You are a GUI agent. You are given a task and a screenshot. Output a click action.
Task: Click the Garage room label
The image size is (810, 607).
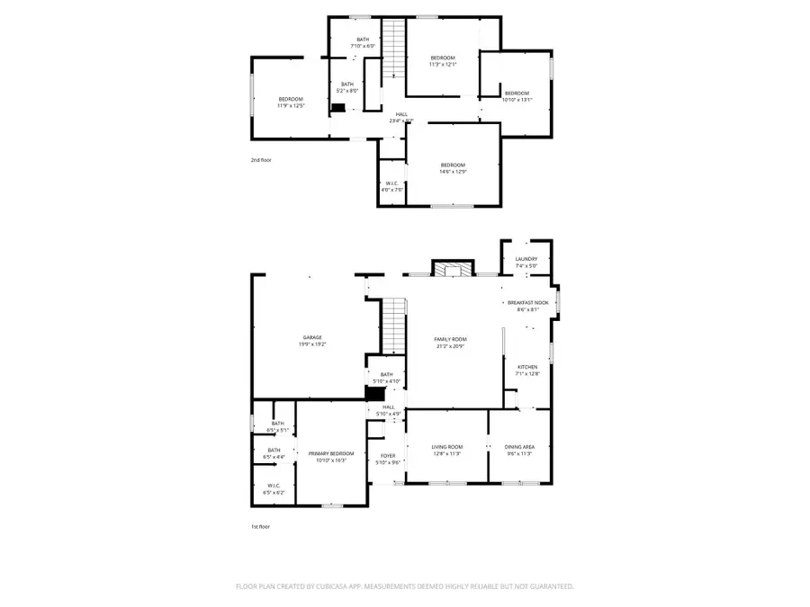coord(311,341)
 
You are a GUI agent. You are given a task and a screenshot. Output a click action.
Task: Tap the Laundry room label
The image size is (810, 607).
coord(526,262)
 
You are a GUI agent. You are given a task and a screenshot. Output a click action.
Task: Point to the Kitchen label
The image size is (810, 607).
coord(526,370)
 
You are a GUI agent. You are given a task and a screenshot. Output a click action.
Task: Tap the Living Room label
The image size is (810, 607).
coord(446,450)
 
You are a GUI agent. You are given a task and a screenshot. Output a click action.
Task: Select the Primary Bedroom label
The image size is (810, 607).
coord(331,456)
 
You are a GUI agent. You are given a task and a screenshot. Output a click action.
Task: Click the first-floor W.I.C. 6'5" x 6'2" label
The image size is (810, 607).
coord(274,489)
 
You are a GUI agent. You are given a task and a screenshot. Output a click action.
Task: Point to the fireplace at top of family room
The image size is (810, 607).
coord(451,269)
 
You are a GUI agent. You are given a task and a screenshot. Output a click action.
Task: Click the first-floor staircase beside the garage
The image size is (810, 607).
coord(394,326)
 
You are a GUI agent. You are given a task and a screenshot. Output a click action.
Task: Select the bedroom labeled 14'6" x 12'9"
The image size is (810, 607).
coord(453,167)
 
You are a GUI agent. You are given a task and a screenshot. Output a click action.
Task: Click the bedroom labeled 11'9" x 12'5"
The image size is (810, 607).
coord(291,102)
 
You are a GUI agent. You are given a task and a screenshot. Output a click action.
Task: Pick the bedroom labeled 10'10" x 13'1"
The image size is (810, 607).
coord(517,96)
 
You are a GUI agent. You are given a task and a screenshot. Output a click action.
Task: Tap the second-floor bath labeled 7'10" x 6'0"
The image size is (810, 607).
coord(363,42)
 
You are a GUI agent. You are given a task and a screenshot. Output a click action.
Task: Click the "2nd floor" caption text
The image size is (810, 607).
coord(261,160)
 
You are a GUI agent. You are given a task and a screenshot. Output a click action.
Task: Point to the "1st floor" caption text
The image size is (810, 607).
coord(260,527)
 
